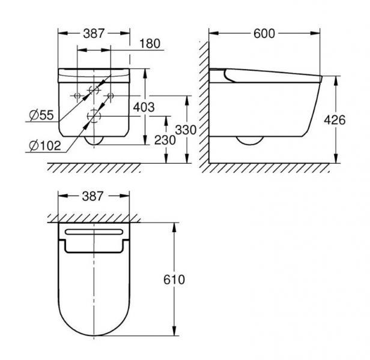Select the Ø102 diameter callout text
point(44,144)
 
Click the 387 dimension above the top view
point(94,196)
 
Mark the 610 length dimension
point(173,280)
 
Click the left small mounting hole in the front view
point(77,95)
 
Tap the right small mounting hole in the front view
point(111,95)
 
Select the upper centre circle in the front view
point(94,91)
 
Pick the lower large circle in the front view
point(94,115)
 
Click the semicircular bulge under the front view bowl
point(94,139)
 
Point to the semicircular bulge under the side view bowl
point(249,142)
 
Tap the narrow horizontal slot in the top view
point(94,231)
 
